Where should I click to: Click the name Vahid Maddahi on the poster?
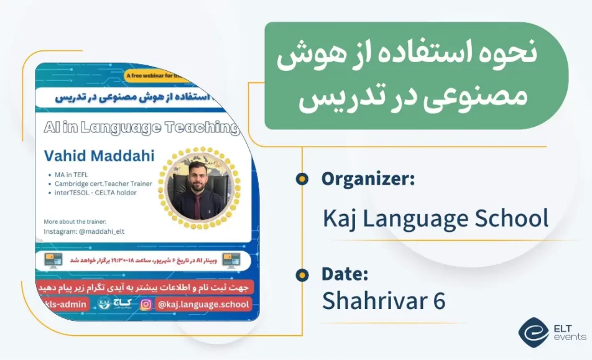click(x=99, y=155)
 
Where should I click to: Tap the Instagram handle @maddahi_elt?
click(x=88, y=231)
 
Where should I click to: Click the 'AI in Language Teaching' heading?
click(x=141, y=127)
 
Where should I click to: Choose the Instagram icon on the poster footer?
click(x=146, y=304)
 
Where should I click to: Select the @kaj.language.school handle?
click(x=203, y=304)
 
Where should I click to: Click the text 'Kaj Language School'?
click(x=435, y=218)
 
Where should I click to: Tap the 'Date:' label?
click(x=345, y=274)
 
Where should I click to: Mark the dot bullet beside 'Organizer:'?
click(x=302, y=179)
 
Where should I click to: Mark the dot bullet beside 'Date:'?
click(x=302, y=274)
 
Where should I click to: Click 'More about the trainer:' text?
click(x=75, y=221)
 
